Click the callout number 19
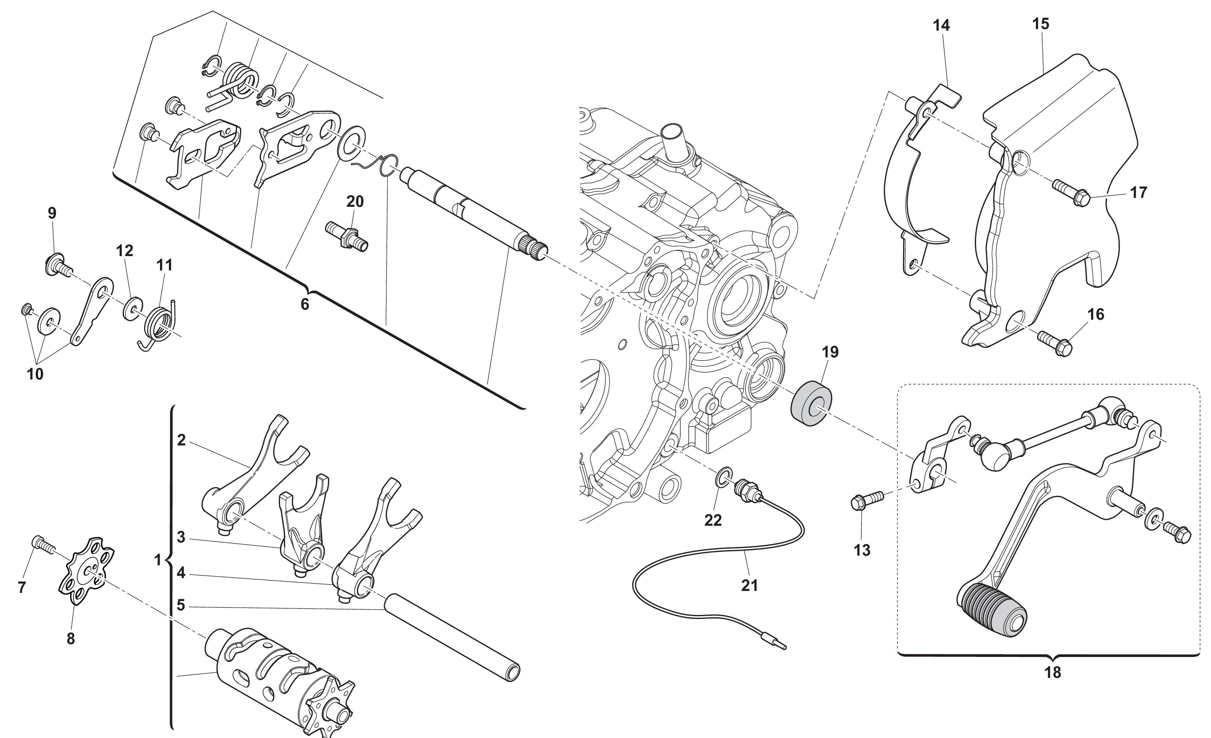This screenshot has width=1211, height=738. pyautogui.click(x=830, y=352)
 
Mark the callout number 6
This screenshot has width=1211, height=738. pyautogui.click(x=305, y=305)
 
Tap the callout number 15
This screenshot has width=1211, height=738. pyautogui.click(x=1041, y=24)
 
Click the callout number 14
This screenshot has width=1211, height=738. pyautogui.click(x=941, y=26)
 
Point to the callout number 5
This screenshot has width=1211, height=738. pyautogui.click(x=181, y=605)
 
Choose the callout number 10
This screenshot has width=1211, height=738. pyautogui.click(x=35, y=374)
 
